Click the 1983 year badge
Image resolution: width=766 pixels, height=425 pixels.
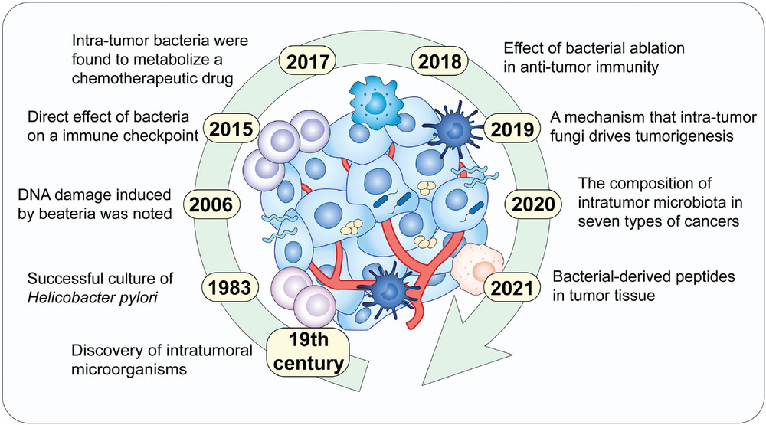(228, 287)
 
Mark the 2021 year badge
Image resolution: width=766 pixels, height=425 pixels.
(510, 287)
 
